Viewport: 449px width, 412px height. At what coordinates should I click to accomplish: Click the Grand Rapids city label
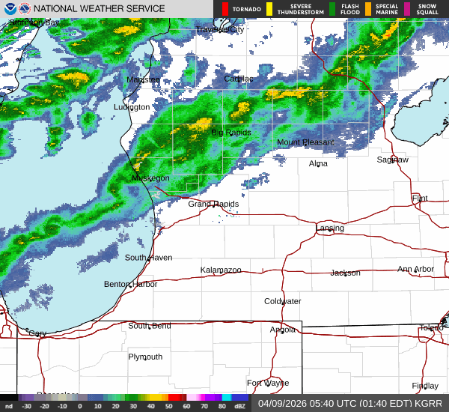coord(213,205)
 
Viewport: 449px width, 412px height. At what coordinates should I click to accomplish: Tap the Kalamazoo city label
coord(221,270)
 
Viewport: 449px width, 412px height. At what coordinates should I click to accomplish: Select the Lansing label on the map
coord(330,228)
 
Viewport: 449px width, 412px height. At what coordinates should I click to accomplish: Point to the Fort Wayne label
coord(267,383)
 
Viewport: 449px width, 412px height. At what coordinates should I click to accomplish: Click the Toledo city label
coord(430,328)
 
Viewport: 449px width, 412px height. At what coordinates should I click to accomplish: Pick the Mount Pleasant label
coord(305,142)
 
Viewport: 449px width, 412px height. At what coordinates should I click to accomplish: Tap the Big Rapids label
coord(231,133)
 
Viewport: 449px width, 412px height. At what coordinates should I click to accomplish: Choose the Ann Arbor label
coord(415,269)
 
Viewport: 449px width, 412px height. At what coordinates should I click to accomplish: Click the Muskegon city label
coord(150,178)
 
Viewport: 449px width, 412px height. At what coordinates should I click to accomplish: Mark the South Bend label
coord(150,326)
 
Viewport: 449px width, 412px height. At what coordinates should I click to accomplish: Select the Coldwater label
coord(283,301)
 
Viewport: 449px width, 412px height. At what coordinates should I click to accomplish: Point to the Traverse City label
coord(220,29)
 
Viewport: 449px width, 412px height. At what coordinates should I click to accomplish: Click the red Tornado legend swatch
coord(225,9)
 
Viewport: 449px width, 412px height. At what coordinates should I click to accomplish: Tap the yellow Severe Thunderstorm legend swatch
coord(269,9)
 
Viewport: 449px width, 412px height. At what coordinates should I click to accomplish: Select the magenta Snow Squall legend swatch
coord(408,9)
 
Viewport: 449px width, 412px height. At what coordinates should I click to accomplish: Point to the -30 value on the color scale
coord(26,406)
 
